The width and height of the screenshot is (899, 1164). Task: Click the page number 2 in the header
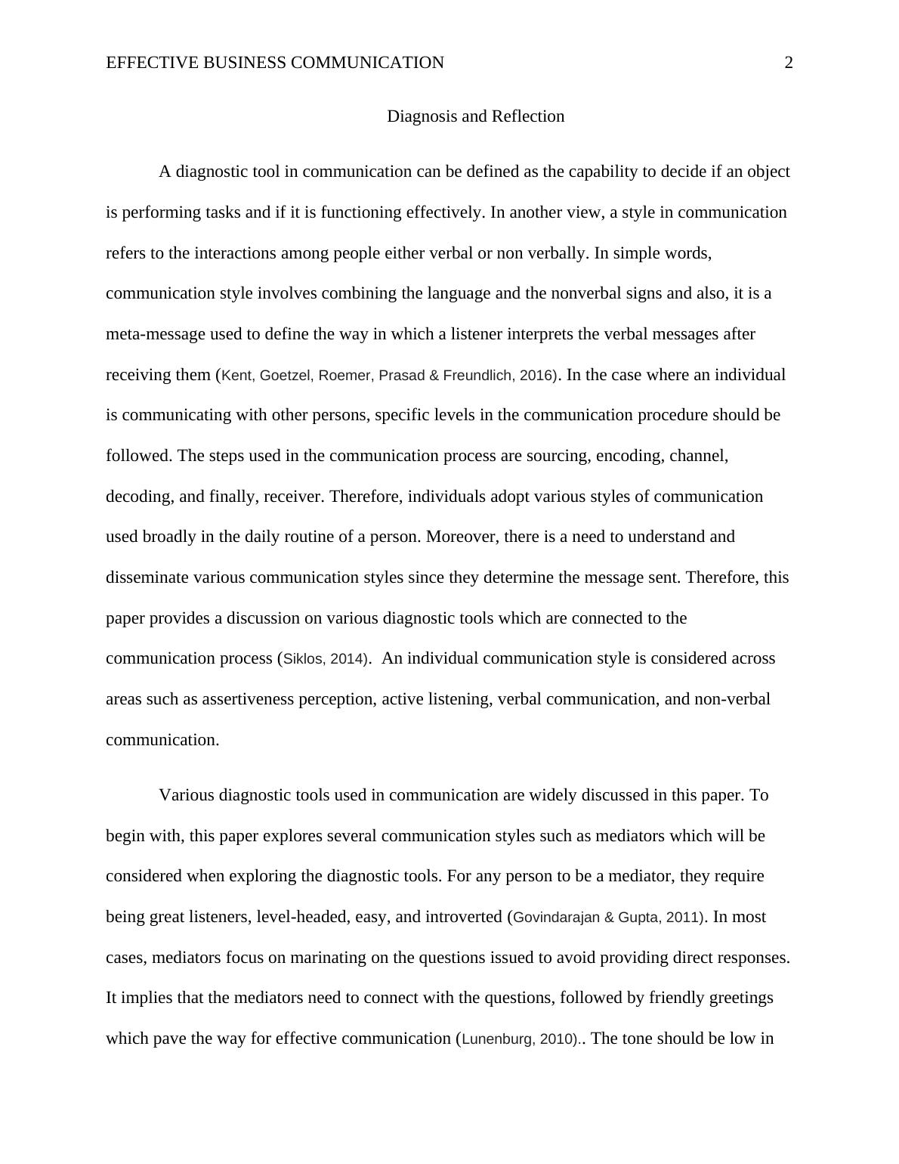point(789,63)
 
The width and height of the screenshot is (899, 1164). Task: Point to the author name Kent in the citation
point(236,376)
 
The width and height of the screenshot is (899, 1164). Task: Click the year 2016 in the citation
point(537,376)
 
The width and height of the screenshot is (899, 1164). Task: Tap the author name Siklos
point(302,659)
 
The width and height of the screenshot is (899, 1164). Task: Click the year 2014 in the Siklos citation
point(347,659)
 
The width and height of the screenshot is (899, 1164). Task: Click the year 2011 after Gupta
point(683,918)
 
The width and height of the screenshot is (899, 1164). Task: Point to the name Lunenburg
point(496,1039)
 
